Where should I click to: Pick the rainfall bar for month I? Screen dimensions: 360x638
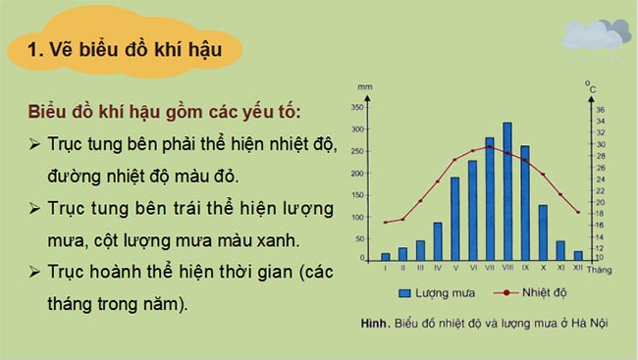[386, 257]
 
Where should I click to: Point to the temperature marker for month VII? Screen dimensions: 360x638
[490, 147]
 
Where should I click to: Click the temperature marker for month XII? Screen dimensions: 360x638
[578, 213]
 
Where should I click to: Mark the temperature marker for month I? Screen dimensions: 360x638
[386, 223]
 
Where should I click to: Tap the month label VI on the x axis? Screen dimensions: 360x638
[472, 268]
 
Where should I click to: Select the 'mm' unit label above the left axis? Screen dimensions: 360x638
[365, 88]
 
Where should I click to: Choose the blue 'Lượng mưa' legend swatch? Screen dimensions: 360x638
[404, 292]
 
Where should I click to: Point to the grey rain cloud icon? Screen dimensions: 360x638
[595, 37]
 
